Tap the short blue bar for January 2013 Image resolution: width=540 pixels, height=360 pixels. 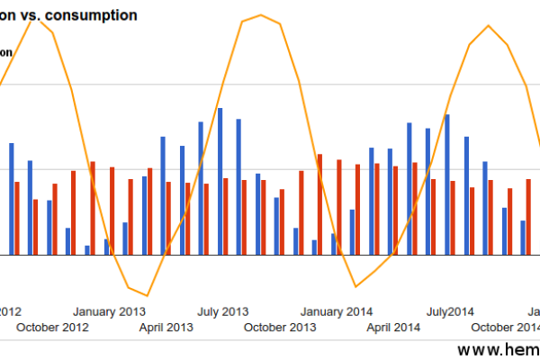tap(106, 247)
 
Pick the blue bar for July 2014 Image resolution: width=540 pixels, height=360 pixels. tap(447, 184)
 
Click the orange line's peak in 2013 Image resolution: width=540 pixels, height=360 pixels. tap(261, 15)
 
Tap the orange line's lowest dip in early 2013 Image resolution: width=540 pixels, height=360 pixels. tap(146, 295)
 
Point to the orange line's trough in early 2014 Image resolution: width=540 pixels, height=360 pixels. tap(356, 287)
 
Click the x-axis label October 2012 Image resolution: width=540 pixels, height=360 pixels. tap(53, 327)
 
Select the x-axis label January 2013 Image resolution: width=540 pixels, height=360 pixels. tap(109, 311)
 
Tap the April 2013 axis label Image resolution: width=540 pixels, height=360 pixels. tap(166, 327)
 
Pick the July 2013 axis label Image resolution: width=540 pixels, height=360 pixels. tap(222, 311)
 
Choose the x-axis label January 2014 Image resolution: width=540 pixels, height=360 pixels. tap(337, 311)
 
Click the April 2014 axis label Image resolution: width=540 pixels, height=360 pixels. tap(393, 327)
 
